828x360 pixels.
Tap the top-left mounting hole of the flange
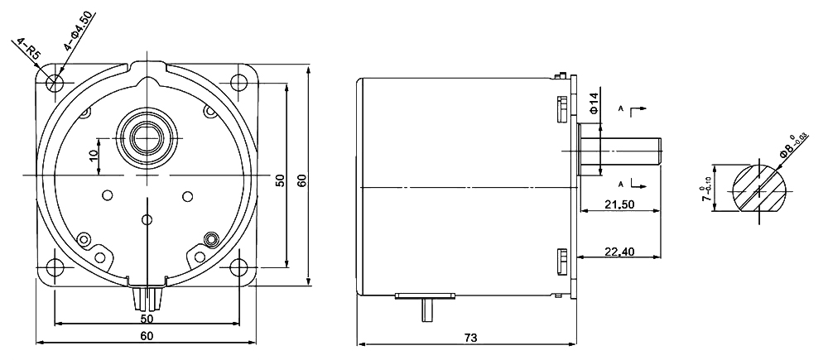55,83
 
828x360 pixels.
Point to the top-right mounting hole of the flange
238,83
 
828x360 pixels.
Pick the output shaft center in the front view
147,134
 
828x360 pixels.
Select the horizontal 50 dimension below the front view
146,318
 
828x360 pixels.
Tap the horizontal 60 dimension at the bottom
146,336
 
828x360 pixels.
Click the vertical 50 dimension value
281,180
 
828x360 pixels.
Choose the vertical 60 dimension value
302,180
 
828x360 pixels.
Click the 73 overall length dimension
470,338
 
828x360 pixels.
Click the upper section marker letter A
621,109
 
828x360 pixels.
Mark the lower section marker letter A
621,183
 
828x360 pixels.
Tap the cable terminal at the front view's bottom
147,296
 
